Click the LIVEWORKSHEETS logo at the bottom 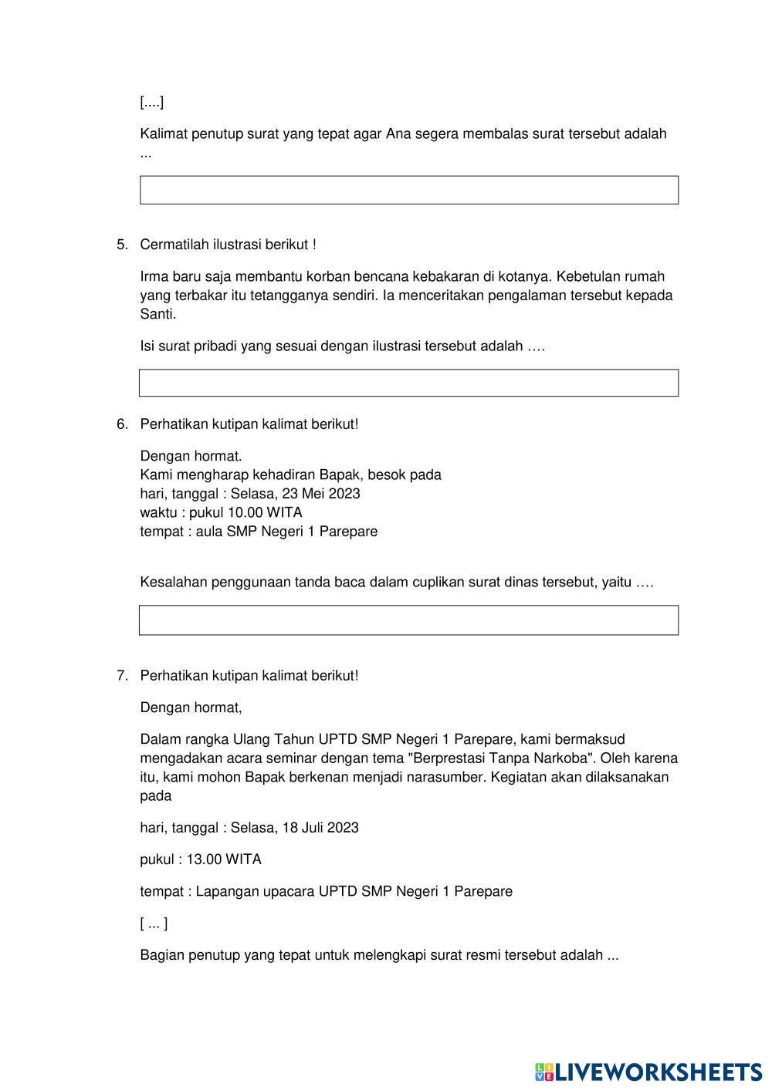[x=648, y=1071]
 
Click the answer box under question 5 [x=408, y=383]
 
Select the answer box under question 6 [x=408, y=620]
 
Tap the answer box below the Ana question [x=408, y=190]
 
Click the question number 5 [x=122, y=245]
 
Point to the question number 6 [x=122, y=424]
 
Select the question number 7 [x=122, y=675]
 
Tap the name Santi [x=157, y=314]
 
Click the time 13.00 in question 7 [x=204, y=859]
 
